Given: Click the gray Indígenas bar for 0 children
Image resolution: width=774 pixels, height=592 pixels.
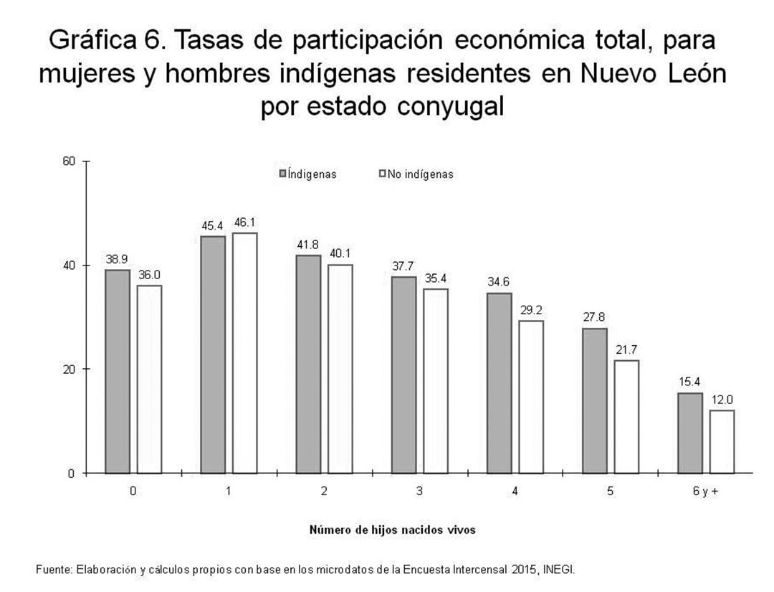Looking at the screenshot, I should tap(118, 371).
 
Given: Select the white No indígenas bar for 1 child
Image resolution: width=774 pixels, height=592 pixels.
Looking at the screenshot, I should tap(245, 352).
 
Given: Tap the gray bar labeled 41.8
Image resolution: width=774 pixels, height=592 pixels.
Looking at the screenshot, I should tap(308, 364).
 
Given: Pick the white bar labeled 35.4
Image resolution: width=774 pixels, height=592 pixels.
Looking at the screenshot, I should tap(436, 380).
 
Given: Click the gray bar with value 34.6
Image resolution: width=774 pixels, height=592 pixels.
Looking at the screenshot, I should tap(500, 382).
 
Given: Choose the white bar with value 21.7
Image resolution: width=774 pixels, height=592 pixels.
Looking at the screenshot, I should tap(626, 416).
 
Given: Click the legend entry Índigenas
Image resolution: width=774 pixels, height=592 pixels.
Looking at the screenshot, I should tap(308, 174).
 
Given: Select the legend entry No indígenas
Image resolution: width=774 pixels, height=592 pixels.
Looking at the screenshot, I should tap(416, 174).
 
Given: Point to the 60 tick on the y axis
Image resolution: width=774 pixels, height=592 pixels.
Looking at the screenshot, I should tap(70, 161).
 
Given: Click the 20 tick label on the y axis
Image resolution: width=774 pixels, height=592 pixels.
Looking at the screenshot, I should tap(70, 370).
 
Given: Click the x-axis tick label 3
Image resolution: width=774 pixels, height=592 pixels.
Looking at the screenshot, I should tap(419, 492).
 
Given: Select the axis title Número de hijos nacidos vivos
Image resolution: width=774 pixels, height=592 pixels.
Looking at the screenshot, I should tap(392, 530).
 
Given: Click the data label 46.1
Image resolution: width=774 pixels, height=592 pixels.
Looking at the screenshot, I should tap(245, 222).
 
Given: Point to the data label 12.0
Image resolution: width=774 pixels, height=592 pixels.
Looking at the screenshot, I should tap(722, 400).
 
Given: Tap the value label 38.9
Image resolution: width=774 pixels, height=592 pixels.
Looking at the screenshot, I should tap(118, 259).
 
